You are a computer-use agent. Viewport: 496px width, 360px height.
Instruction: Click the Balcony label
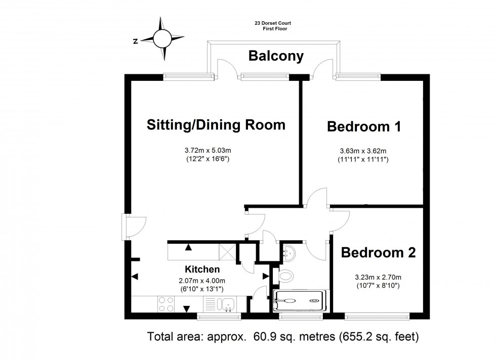tap(276, 56)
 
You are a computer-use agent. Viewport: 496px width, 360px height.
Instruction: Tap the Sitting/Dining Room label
tap(216, 124)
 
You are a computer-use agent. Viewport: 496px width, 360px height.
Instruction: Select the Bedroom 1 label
tap(364, 126)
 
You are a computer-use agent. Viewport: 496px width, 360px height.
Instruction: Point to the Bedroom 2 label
tap(379, 252)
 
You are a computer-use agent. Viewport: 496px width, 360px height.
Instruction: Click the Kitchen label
tap(202, 269)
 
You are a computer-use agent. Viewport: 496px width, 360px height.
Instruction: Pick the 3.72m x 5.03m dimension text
tap(208, 151)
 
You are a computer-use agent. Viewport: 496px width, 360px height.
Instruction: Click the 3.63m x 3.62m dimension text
tap(363, 151)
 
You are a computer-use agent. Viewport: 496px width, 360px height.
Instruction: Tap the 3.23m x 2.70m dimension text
tap(378, 278)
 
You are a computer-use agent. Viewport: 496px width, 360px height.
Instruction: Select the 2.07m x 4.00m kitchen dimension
tap(202, 281)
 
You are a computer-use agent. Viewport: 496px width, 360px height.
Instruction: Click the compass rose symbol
tap(162, 38)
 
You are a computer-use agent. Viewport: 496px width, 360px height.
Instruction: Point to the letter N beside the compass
tap(136, 41)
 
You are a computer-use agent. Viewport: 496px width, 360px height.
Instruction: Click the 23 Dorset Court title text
tap(273, 23)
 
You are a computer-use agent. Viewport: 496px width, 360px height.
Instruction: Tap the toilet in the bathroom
tap(286, 276)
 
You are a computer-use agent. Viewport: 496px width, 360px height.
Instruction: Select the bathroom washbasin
tap(289, 253)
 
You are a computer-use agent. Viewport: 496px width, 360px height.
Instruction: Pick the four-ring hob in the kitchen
tap(166, 304)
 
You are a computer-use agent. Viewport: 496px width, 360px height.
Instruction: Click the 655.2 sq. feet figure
tap(379, 337)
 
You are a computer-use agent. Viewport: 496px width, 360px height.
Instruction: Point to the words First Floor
tap(275, 29)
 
